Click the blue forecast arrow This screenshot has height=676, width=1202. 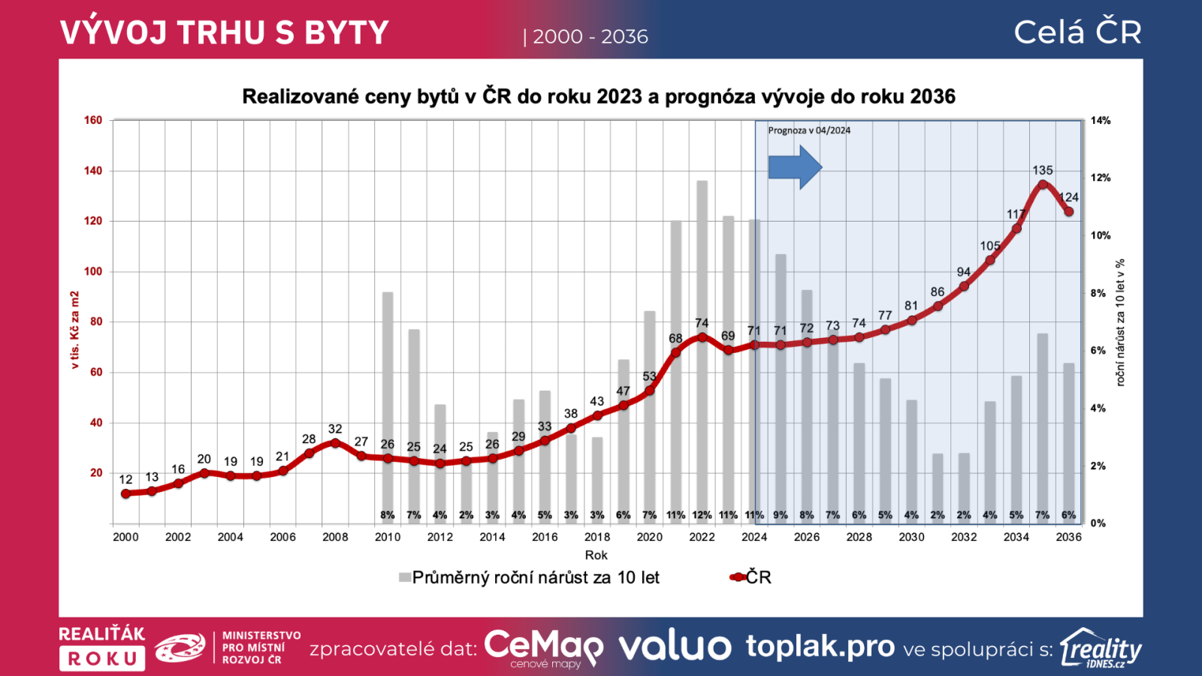pyautogui.click(x=794, y=167)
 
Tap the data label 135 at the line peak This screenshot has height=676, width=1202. pyautogui.click(x=1042, y=171)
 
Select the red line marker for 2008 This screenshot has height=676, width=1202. pyautogui.click(x=335, y=443)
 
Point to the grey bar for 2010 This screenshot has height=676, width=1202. pyautogui.click(x=388, y=376)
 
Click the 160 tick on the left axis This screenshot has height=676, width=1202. pyautogui.click(x=93, y=120)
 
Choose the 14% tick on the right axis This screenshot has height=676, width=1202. pyautogui.click(x=1101, y=120)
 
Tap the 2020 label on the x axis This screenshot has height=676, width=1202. pyautogui.click(x=649, y=537)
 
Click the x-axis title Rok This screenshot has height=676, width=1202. pyautogui.click(x=596, y=555)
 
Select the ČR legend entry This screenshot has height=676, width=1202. pyautogui.click(x=750, y=577)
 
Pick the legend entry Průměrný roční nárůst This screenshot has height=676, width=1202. pyautogui.click(x=529, y=578)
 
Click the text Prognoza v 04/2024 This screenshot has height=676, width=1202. pyautogui.click(x=809, y=131)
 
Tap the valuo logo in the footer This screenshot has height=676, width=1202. pyautogui.click(x=674, y=647)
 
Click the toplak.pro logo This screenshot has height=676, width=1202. pyautogui.click(x=820, y=646)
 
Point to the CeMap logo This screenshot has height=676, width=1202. pyautogui.click(x=542, y=647)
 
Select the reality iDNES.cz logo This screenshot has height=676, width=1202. pyautogui.click(x=1101, y=648)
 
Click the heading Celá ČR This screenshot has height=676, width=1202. pyautogui.click(x=1077, y=32)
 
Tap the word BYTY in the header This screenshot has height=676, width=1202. pyautogui.click(x=346, y=33)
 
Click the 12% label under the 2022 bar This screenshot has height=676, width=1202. pyautogui.click(x=702, y=515)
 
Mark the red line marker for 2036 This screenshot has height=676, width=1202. pyautogui.click(x=1068, y=212)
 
